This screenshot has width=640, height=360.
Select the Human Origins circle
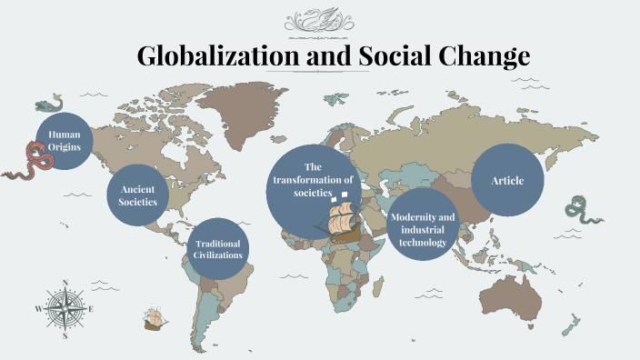click(x=65, y=141)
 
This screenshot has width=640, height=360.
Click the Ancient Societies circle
click(x=138, y=195)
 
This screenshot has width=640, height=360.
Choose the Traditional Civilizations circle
click(x=218, y=249)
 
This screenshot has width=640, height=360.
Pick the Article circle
click(x=507, y=180)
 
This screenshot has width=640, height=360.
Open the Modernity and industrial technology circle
click(x=421, y=224)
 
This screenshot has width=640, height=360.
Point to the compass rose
click(x=65, y=308)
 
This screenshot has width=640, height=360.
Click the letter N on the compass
click(x=65, y=283)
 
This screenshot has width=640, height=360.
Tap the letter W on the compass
click(x=38, y=309)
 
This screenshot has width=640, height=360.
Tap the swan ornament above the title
click(x=319, y=20)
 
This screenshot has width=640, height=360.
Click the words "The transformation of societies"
click(x=314, y=180)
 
